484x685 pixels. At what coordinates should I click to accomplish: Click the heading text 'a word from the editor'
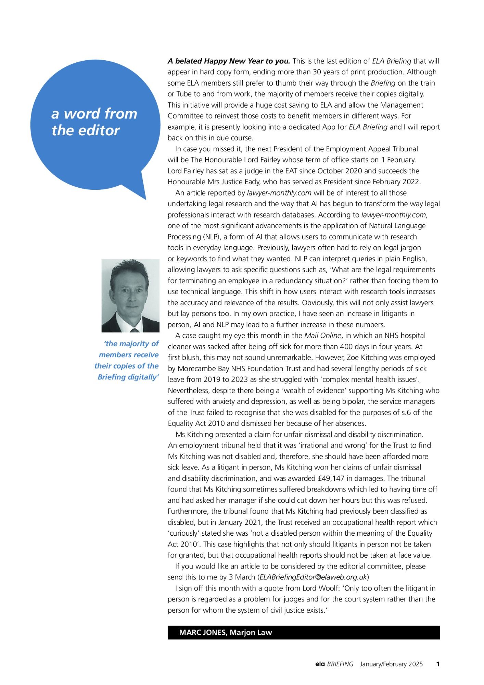pos(94,122)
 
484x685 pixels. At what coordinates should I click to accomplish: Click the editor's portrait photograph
pos(130,296)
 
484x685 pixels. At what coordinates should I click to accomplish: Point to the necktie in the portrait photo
pos(135,330)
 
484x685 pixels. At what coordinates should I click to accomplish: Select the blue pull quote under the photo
pos(127,360)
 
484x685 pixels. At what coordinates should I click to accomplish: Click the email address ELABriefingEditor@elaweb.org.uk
pos(313,577)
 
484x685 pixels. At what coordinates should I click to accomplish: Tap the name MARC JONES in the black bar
pos(203,633)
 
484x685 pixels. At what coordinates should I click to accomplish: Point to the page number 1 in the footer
pos(438,664)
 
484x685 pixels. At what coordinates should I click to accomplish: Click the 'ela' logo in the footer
pos(320,664)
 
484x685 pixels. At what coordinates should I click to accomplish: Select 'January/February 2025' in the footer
pos(391,664)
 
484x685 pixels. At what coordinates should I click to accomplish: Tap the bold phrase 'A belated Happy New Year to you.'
pos(229,61)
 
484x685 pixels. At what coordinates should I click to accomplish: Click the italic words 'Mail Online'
pos(323,336)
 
